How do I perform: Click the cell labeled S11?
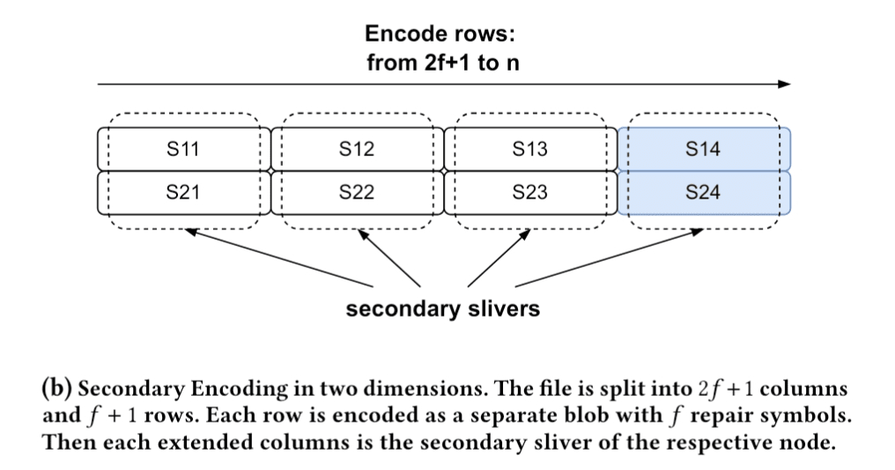pos(183,149)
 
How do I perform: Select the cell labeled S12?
pos(356,149)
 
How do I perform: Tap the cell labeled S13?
pos(529,149)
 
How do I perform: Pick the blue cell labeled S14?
pos(703,149)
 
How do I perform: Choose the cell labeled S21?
pos(183,191)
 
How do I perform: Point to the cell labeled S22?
pos(356,191)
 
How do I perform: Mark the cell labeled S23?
pos(529,191)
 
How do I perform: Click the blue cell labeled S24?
pos(703,191)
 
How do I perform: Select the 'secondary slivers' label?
pos(442,310)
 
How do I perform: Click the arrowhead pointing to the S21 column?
pos(189,232)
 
